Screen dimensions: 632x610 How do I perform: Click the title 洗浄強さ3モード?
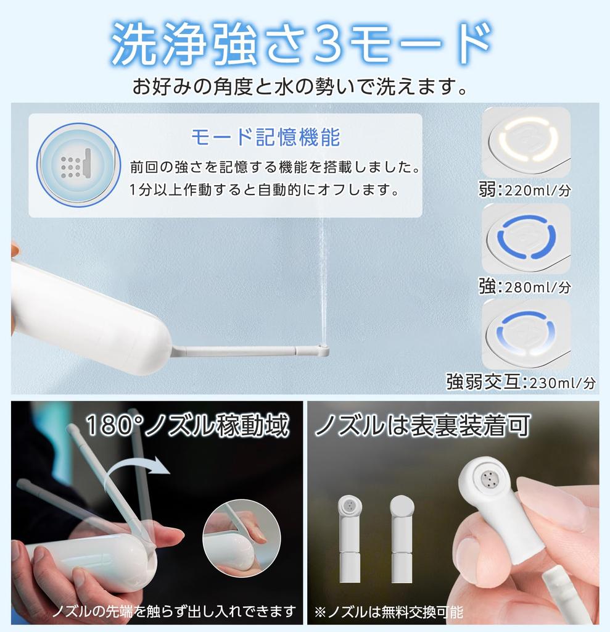[302, 44]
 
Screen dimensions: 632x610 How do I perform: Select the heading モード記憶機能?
[265, 137]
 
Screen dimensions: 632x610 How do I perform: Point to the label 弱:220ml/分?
[524, 189]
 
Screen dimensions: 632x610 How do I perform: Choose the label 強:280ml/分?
[524, 286]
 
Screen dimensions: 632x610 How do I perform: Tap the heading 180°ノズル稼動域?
[186, 426]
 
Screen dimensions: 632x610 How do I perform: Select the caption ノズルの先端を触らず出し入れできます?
[173, 612]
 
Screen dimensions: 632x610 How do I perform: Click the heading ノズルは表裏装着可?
[422, 426]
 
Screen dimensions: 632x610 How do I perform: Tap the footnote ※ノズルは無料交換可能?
[388, 612]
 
